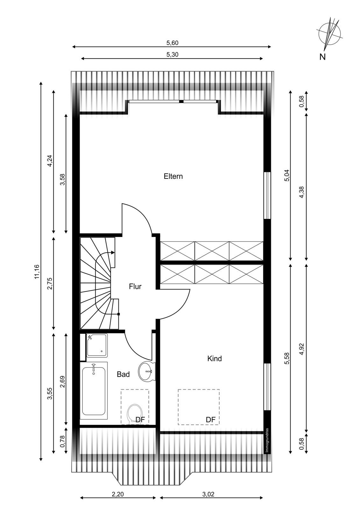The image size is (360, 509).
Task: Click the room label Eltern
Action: tap(173, 176)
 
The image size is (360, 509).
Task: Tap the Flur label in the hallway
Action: tap(135, 287)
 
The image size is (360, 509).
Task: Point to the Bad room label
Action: tap(123, 374)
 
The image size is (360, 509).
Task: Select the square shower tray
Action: tap(97, 345)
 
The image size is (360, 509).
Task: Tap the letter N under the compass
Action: tap(322, 57)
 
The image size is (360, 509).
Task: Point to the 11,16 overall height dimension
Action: tap(37, 272)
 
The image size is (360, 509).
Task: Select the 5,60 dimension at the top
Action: tap(172, 43)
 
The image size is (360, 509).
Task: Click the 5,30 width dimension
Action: tap(172, 55)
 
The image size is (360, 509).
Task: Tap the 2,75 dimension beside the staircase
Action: tap(50, 283)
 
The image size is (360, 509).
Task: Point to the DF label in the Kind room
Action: tap(210, 420)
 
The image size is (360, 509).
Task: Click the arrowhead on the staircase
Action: tap(113, 252)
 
